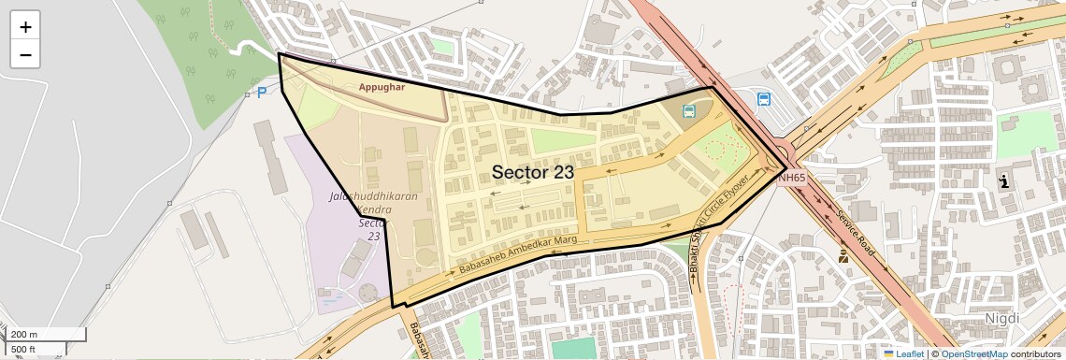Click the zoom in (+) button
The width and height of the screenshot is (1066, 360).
click(x=25, y=27)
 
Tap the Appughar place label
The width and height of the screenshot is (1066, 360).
click(x=382, y=87)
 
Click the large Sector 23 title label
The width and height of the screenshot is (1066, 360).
click(x=532, y=172)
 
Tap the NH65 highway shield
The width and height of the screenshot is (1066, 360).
click(x=791, y=176)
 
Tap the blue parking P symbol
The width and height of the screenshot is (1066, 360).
click(x=262, y=93)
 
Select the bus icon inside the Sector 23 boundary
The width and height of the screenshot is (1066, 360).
click(x=689, y=111)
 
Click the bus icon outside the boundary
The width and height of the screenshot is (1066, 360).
click(x=764, y=99)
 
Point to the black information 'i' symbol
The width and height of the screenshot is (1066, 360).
click(x=1004, y=181)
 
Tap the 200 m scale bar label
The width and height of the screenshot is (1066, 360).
click(x=24, y=335)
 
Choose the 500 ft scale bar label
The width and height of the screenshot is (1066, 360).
click(x=23, y=350)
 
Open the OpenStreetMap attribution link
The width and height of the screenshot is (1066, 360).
click(x=973, y=353)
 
